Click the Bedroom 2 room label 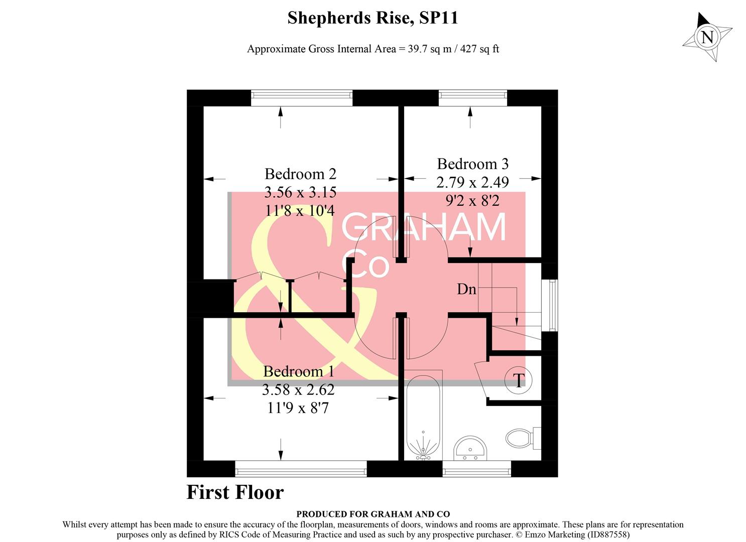pyautogui.click(x=300, y=174)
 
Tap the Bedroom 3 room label pyautogui.click(x=472, y=164)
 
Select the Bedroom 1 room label pyautogui.click(x=298, y=371)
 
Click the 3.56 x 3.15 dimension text pyautogui.click(x=300, y=192)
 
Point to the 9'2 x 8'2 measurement pyautogui.click(x=472, y=201)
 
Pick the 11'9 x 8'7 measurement pyautogui.click(x=298, y=408)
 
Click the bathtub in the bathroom pyautogui.click(x=424, y=417)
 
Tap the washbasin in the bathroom pyautogui.click(x=470, y=448)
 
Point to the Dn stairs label pyautogui.click(x=466, y=289)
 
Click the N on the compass pyautogui.click(x=707, y=37)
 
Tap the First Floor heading pyautogui.click(x=235, y=492)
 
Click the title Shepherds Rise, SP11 pyautogui.click(x=372, y=18)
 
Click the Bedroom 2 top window pyautogui.click(x=302, y=98)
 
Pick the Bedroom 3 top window pyautogui.click(x=472, y=98)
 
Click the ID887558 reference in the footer pyautogui.click(x=607, y=534)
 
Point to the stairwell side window pyautogui.click(x=553, y=305)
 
